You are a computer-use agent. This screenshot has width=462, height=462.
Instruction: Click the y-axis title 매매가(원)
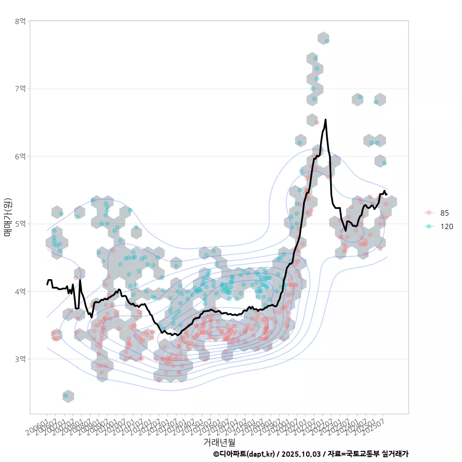[8, 217]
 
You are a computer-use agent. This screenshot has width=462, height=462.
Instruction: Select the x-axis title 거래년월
[219, 441]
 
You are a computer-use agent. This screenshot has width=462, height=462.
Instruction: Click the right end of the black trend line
[386, 194]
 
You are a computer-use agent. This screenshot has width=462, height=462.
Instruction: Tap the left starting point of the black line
[47, 284]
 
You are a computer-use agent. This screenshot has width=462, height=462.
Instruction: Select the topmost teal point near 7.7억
[327, 41]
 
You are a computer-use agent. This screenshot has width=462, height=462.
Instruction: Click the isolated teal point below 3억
[66, 396]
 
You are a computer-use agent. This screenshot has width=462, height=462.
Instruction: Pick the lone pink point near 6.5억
[316, 122]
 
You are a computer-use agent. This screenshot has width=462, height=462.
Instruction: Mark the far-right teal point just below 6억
[384, 163]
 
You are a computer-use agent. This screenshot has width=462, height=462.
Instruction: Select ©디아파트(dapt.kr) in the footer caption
[244, 454]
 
